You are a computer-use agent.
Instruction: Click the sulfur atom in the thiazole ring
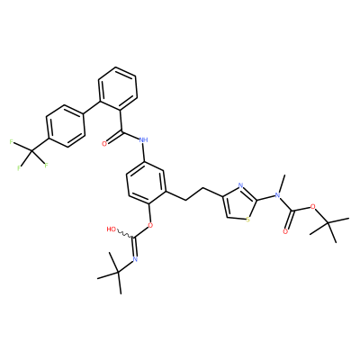point(247,220)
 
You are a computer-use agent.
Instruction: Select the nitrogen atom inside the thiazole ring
point(241,185)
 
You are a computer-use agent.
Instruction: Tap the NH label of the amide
point(144,139)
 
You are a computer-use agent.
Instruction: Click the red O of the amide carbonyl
point(104,144)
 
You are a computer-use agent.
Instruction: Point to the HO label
point(112,229)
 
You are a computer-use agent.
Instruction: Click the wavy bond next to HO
point(124,234)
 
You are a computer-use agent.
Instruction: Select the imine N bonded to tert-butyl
point(135,259)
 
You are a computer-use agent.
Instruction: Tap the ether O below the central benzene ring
point(150,225)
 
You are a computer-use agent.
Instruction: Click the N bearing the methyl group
point(277,195)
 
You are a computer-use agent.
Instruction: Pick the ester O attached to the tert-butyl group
point(313,206)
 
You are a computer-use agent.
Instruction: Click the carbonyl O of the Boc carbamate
point(285,231)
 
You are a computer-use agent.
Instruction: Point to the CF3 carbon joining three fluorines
point(31,150)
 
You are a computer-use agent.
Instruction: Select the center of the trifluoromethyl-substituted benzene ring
point(66,126)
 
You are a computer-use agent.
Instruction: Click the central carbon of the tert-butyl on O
point(328,222)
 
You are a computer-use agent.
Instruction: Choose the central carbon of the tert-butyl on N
point(118,273)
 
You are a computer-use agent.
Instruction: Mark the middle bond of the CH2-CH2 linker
point(194,194)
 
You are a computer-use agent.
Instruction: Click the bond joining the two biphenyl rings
point(91,108)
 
